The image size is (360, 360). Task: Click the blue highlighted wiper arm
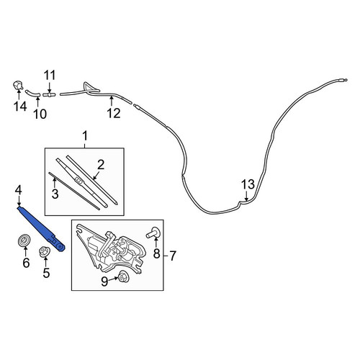(x=40, y=228)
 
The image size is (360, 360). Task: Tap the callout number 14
(x=20, y=107)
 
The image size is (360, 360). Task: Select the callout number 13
(x=248, y=184)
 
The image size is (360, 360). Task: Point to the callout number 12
(x=114, y=113)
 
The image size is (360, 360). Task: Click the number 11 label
(x=50, y=75)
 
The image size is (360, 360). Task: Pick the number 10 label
(x=40, y=114)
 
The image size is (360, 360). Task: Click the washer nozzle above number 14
(x=18, y=86)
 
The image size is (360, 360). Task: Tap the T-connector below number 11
(x=49, y=95)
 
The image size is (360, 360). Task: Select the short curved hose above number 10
(x=33, y=93)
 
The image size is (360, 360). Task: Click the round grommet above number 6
(x=24, y=240)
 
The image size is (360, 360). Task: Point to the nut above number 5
(x=45, y=252)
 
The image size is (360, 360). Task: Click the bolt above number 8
(x=152, y=233)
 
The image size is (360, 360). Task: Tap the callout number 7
(x=173, y=256)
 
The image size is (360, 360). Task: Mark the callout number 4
(x=18, y=191)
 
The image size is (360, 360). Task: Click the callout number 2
(x=101, y=165)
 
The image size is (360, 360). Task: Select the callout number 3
(x=55, y=194)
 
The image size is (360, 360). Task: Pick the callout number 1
(x=85, y=136)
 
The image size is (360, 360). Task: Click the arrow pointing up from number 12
(x=112, y=101)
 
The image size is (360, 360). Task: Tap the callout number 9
(x=104, y=282)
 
